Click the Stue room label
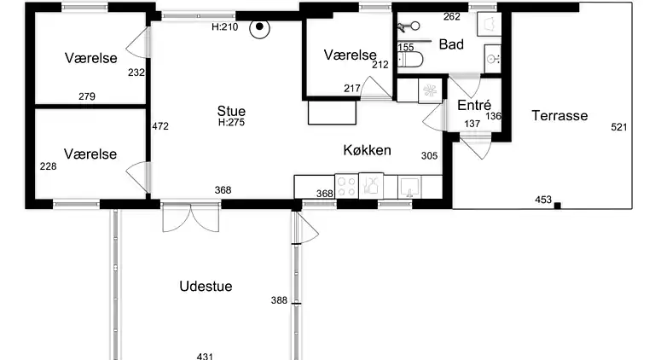click(x=231, y=111)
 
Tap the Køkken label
click(x=368, y=150)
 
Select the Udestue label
click(x=206, y=286)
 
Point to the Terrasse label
click(x=559, y=115)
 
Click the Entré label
click(x=474, y=105)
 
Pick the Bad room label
click(x=451, y=44)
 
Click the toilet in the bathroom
click(x=409, y=60)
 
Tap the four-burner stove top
click(x=346, y=186)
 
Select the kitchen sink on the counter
click(x=409, y=187)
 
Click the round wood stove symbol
click(x=259, y=28)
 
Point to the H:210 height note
click(x=225, y=27)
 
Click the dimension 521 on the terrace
click(x=618, y=127)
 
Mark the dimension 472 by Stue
click(x=160, y=126)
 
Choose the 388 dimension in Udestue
click(x=279, y=300)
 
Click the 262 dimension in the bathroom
click(x=451, y=17)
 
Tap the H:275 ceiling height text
click(x=231, y=122)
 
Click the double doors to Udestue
click(x=190, y=218)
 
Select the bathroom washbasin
click(x=493, y=59)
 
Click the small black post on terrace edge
click(x=557, y=205)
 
